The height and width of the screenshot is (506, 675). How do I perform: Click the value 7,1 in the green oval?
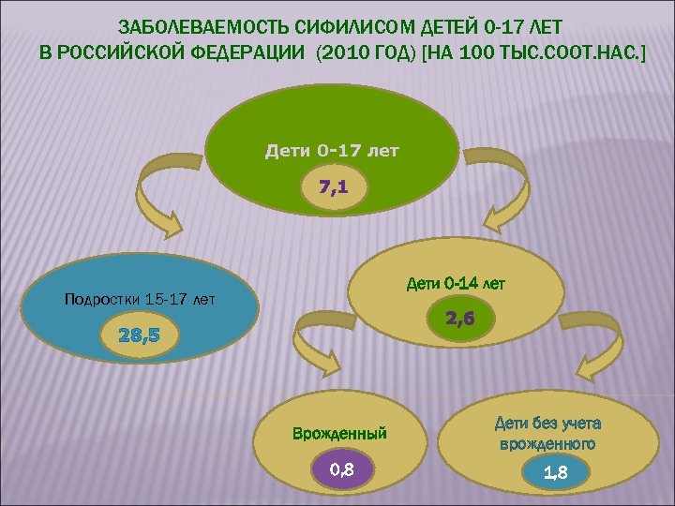[x=333, y=187]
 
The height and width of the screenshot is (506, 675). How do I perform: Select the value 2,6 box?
[x=460, y=319]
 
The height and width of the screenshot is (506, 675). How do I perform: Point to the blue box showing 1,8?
[x=556, y=473]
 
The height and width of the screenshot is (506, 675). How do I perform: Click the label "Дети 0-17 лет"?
[x=333, y=150]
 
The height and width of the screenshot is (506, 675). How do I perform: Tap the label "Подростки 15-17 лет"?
[x=139, y=300]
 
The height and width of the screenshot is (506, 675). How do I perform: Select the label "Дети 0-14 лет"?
[x=456, y=282]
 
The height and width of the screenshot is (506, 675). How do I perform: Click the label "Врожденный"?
[x=339, y=434]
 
